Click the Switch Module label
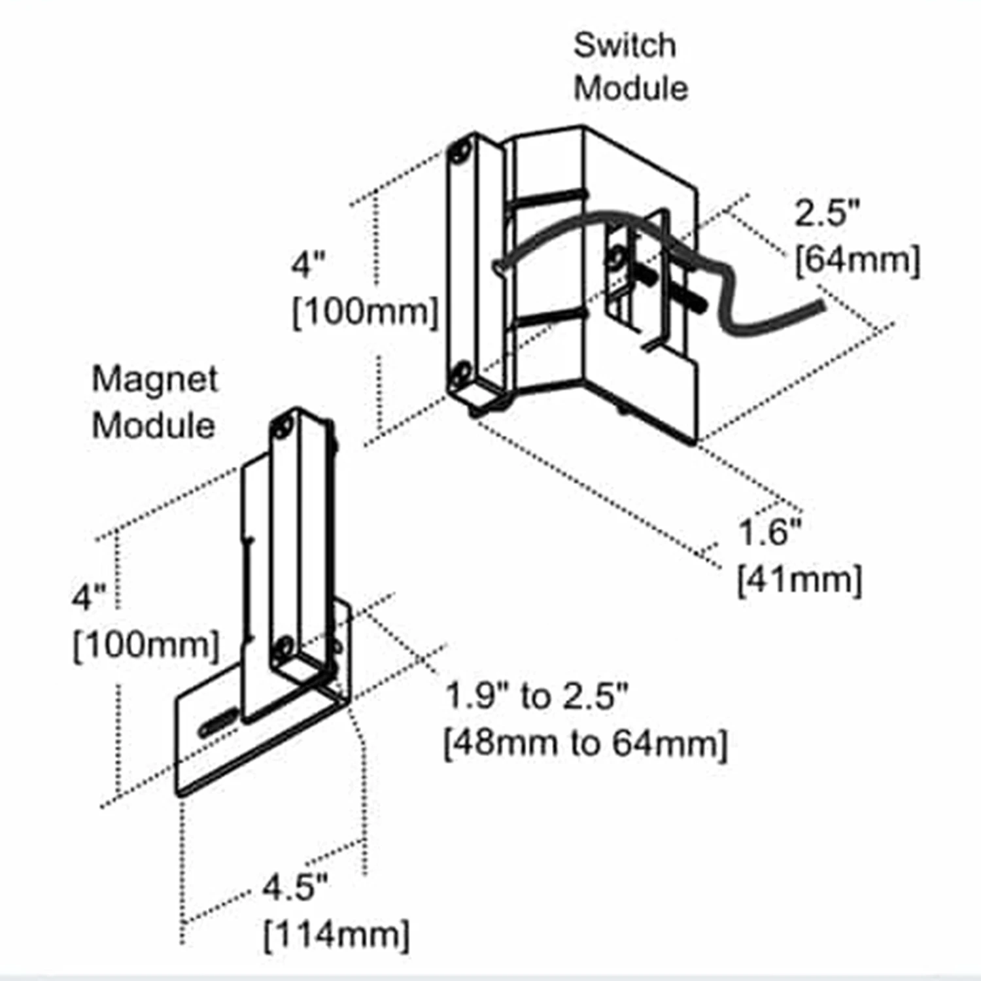click(630, 67)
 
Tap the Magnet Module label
click(154, 402)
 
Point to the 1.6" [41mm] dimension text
click(799, 556)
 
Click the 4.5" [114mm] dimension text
click(336, 911)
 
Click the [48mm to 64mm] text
click(585, 743)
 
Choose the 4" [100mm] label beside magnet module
click(145, 621)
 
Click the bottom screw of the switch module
click(460, 373)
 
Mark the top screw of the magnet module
click(283, 428)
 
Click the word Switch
click(625, 45)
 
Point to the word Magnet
click(154, 380)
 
